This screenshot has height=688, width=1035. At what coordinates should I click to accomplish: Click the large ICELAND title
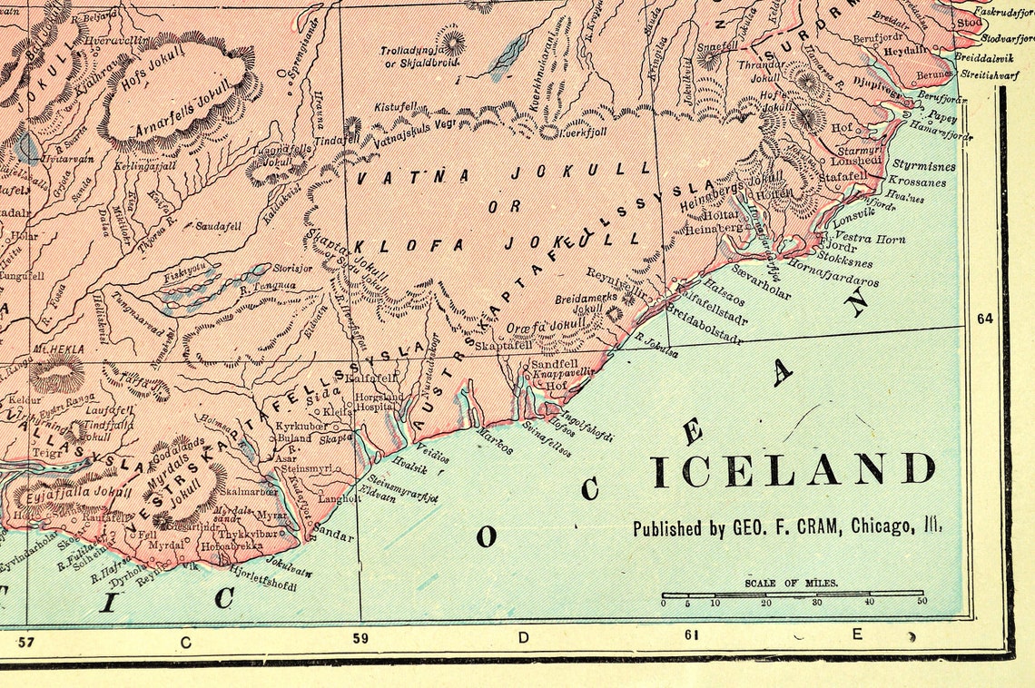793,470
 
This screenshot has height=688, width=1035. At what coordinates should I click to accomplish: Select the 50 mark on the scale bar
922,602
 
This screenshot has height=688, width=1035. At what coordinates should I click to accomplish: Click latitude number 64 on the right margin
984,319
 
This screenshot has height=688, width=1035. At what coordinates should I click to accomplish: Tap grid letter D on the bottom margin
523,637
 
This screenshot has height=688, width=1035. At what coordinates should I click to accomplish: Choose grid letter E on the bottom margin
855,635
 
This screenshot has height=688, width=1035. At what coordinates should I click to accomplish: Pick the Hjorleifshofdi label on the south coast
263,579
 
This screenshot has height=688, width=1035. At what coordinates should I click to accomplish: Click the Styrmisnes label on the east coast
923,167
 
